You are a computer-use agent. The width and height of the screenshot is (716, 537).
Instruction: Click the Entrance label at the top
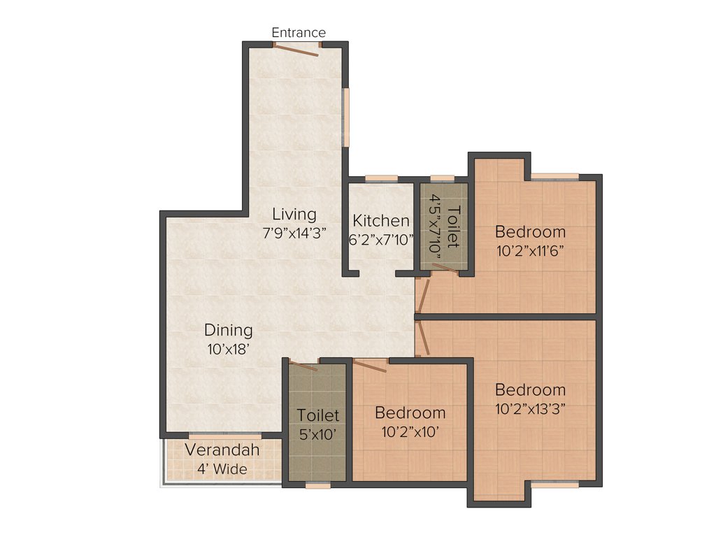pyautogui.click(x=299, y=33)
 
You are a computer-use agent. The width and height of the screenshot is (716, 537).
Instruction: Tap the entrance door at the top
pyautogui.click(x=296, y=48)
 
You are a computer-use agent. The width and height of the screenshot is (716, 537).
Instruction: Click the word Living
pyautogui.click(x=294, y=214)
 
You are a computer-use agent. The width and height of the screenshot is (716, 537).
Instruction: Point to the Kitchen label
pyautogui.click(x=381, y=221)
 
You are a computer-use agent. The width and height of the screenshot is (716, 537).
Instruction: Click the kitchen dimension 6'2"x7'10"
pyautogui.click(x=381, y=239)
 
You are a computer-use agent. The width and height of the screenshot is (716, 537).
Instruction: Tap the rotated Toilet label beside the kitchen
pyautogui.click(x=453, y=227)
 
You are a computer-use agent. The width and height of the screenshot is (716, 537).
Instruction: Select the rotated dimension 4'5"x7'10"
pyautogui.click(x=435, y=227)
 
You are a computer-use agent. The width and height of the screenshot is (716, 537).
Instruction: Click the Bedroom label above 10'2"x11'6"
pyautogui.click(x=530, y=231)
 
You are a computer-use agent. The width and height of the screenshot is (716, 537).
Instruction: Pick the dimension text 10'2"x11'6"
pyautogui.click(x=530, y=250)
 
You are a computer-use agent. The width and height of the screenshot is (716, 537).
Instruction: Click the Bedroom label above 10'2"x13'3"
pyautogui.click(x=530, y=389)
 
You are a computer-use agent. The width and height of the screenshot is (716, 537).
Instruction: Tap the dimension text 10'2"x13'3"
pyautogui.click(x=530, y=408)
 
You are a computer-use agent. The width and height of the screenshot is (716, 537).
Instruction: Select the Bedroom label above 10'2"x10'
pyautogui.click(x=410, y=413)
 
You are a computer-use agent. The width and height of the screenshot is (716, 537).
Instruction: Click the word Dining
pyautogui.click(x=229, y=330)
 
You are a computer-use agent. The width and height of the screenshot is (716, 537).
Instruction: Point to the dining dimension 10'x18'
pyautogui.click(x=229, y=349)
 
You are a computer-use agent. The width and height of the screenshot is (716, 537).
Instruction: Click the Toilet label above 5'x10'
pyautogui.click(x=318, y=415)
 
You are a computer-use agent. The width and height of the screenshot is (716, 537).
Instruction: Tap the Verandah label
pyautogui.click(x=222, y=450)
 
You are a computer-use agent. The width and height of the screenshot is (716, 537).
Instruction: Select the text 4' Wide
pyautogui.click(x=222, y=468)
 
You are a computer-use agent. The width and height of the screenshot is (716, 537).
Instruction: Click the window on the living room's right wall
pyautogui.click(x=345, y=117)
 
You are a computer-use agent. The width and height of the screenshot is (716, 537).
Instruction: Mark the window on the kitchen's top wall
pyautogui.click(x=381, y=178)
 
